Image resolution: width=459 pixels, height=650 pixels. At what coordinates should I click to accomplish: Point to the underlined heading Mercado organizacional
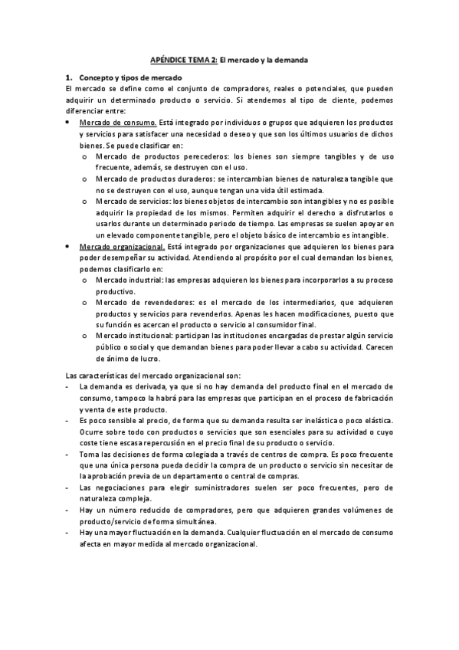pyautogui.click(x=123, y=248)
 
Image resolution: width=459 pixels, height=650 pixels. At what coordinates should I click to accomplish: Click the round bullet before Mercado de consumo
pyautogui.click(x=68, y=123)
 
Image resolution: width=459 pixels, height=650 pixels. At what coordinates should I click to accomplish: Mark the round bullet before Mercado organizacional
pyautogui.click(x=68, y=248)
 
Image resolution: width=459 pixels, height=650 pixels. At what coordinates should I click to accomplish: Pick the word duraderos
pyautogui.click(x=205, y=179)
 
